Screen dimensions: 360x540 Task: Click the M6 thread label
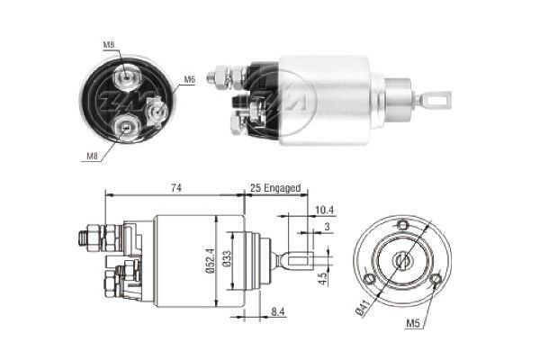click(x=189, y=80)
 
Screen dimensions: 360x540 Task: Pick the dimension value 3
click(x=327, y=229)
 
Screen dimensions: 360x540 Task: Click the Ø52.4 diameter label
click(x=209, y=261)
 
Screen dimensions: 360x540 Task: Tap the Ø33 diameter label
click(x=230, y=262)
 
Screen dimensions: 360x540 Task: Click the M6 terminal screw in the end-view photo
click(x=159, y=111)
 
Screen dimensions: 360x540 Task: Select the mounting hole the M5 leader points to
click(x=436, y=282)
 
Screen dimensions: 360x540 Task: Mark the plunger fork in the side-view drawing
click(x=292, y=261)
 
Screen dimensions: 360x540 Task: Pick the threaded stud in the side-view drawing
click(x=88, y=238)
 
